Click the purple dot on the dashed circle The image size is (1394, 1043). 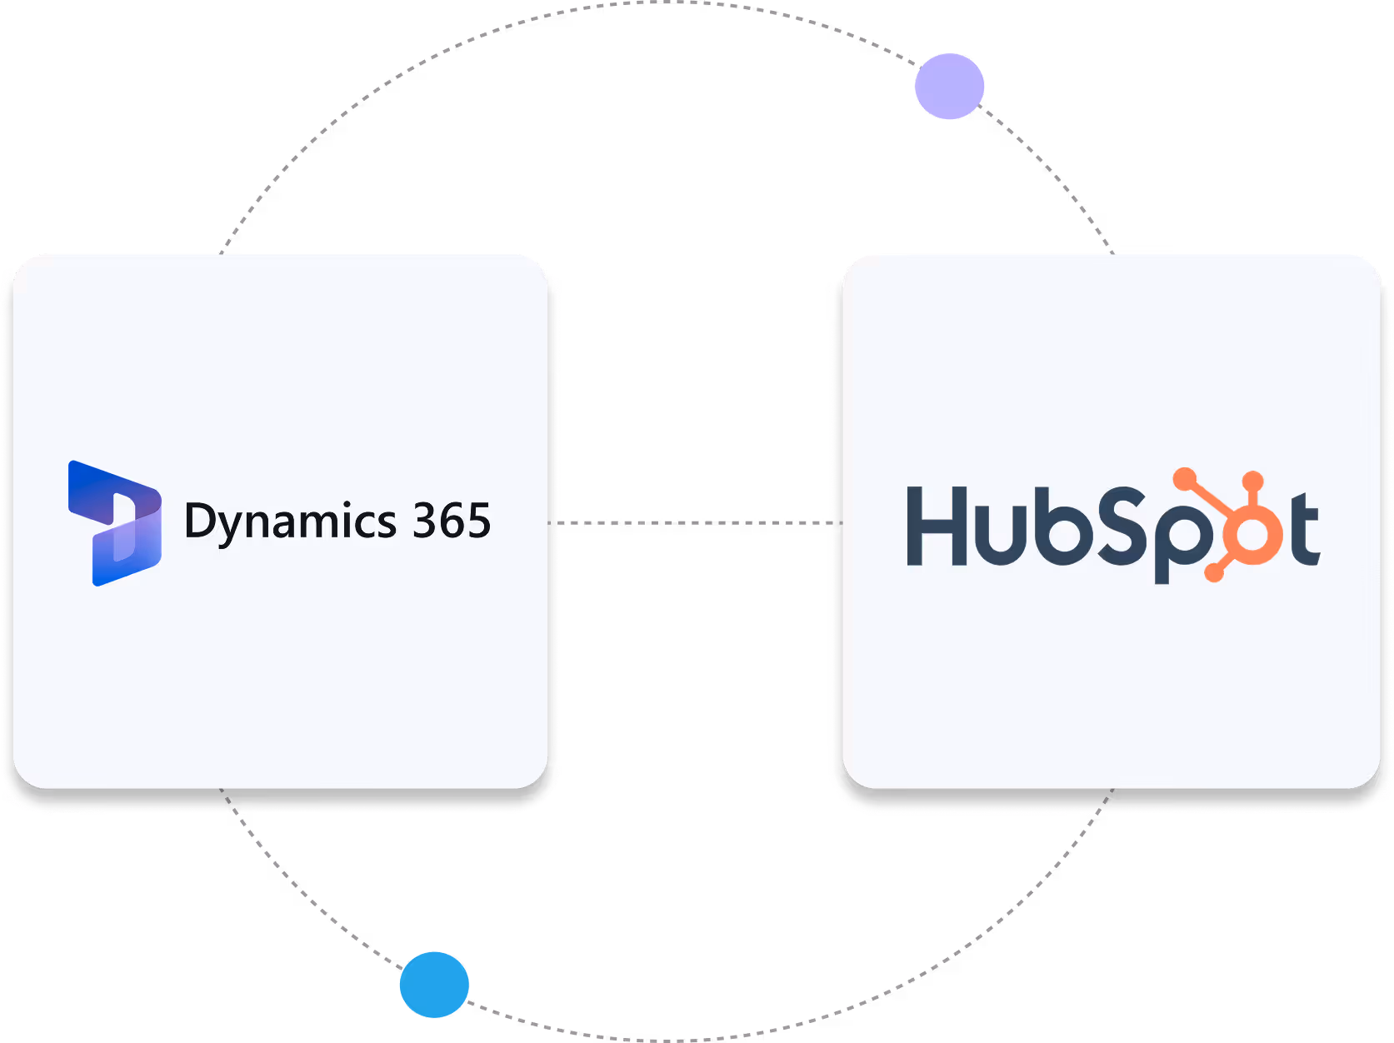tap(949, 86)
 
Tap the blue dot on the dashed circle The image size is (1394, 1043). tap(434, 984)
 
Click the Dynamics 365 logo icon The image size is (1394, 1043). tap(115, 523)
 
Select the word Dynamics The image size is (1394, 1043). tap(290, 523)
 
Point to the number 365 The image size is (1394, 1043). tap(452, 521)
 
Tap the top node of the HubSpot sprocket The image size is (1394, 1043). tap(1252, 481)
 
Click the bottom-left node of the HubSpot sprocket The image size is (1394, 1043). tap(1213, 572)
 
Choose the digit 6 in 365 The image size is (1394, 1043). tap(452, 521)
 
